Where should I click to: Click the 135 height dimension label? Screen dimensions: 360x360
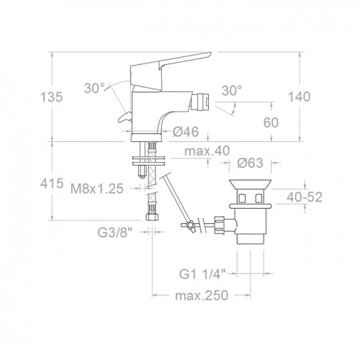(x=52, y=97)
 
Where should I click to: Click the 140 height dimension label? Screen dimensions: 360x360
(x=299, y=96)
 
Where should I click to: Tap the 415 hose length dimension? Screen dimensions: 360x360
(x=52, y=184)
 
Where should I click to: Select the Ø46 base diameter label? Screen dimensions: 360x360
(x=186, y=132)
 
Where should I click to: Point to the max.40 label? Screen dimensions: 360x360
(x=207, y=150)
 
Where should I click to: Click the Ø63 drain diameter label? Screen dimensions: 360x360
(x=251, y=163)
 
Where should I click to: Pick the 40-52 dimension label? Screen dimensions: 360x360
(x=305, y=197)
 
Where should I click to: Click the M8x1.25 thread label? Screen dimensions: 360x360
(x=97, y=189)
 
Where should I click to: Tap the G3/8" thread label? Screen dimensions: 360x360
(x=115, y=232)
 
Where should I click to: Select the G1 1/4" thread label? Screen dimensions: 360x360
(x=203, y=274)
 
